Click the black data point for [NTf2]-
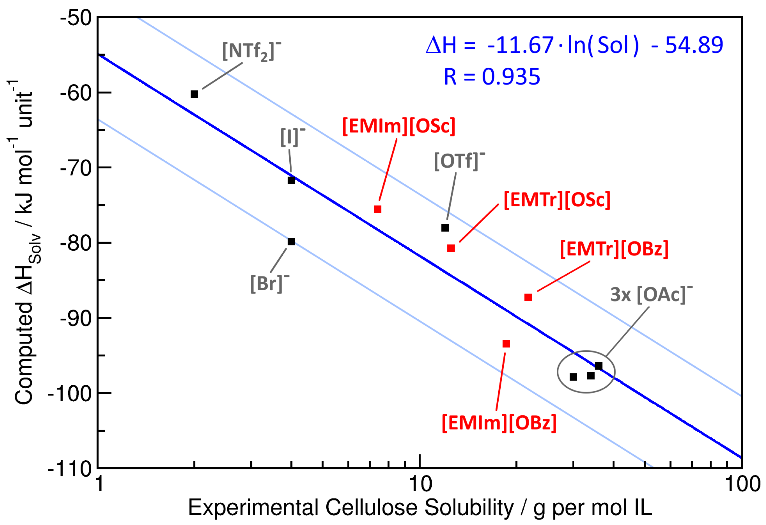[x=194, y=94]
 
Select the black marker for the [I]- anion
[x=291, y=180]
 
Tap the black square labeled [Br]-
[x=291, y=242]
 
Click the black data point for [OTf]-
[x=445, y=228]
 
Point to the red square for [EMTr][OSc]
[x=451, y=248]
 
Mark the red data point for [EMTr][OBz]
[x=528, y=297]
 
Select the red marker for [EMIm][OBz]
[x=506, y=344]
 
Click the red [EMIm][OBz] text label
[x=499, y=423]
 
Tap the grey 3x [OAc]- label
[x=651, y=294]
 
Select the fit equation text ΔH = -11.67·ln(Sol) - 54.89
[x=574, y=45]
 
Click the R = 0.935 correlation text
[x=492, y=77]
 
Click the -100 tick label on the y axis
[x=70, y=394]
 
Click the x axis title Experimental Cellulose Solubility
[x=419, y=507]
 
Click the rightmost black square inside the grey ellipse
[x=599, y=366]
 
